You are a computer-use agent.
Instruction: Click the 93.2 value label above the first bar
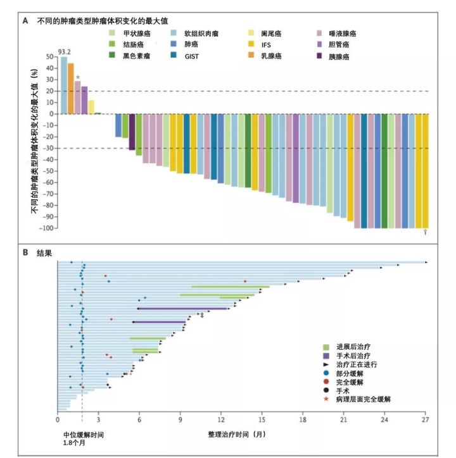coord(64,51)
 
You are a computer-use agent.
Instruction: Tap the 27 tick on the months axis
coord(426,419)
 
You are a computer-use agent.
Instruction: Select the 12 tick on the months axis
coord(221,419)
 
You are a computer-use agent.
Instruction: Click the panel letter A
coord(25,20)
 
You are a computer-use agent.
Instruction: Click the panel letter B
coord(25,252)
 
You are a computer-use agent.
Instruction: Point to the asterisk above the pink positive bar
coord(77,78)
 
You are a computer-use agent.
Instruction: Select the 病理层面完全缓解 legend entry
coord(363,400)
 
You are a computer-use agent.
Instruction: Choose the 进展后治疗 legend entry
coord(351,347)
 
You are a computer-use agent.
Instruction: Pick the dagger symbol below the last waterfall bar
coord(426,233)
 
